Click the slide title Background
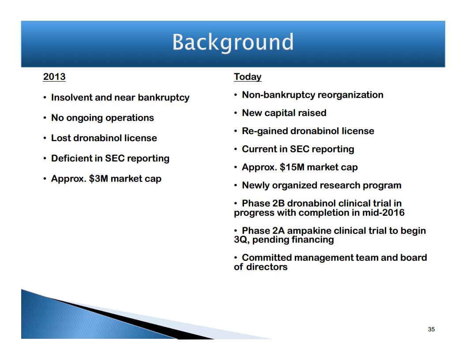[x=233, y=42]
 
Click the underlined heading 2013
[x=54, y=77]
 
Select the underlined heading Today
[x=248, y=77]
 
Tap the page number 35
[x=431, y=329]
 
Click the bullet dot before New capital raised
[x=235, y=113]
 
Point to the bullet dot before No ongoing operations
[x=45, y=118]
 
